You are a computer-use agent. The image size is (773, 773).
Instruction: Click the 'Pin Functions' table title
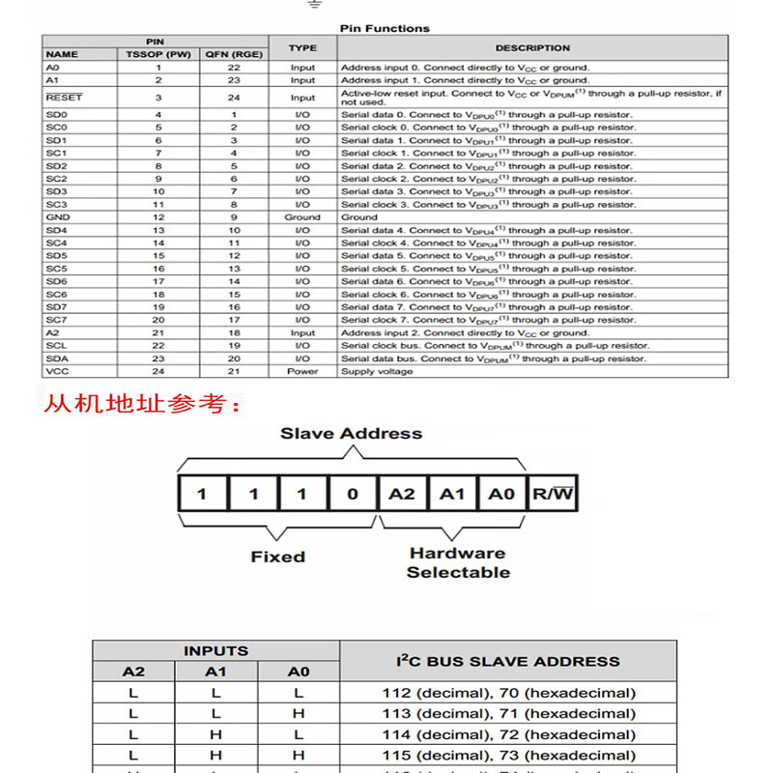[x=385, y=28]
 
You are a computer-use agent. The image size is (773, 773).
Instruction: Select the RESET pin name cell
[x=65, y=98]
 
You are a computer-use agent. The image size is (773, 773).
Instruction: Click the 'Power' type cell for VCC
[x=302, y=371]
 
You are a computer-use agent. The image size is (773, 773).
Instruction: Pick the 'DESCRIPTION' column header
[x=532, y=47]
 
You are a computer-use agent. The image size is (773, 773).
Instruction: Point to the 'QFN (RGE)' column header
[x=233, y=54]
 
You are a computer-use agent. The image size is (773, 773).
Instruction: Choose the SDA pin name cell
[x=57, y=358]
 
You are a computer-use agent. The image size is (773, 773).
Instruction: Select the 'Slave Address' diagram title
[x=351, y=433]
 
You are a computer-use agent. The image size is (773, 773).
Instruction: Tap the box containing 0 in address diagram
[x=352, y=494]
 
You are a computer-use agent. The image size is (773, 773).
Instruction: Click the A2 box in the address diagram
[x=402, y=494]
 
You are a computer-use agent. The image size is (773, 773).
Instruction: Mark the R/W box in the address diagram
[x=552, y=494]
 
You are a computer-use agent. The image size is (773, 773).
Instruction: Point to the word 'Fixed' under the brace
[x=277, y=557]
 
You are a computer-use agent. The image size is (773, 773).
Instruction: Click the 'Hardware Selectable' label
[x=458, y=562]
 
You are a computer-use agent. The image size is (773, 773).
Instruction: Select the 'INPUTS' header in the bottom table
[x=215, y=650]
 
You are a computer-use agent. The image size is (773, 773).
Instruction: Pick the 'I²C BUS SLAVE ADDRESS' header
[x=508, y=661]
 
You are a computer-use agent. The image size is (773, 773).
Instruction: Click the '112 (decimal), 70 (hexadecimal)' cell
[x=508, y=693]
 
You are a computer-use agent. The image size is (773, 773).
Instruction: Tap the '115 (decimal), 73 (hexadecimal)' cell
[x=508, y=755]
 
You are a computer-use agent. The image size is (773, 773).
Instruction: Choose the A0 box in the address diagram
[x=501, y=494]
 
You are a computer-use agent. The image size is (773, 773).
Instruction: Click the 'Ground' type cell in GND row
[x=302, y=217]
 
